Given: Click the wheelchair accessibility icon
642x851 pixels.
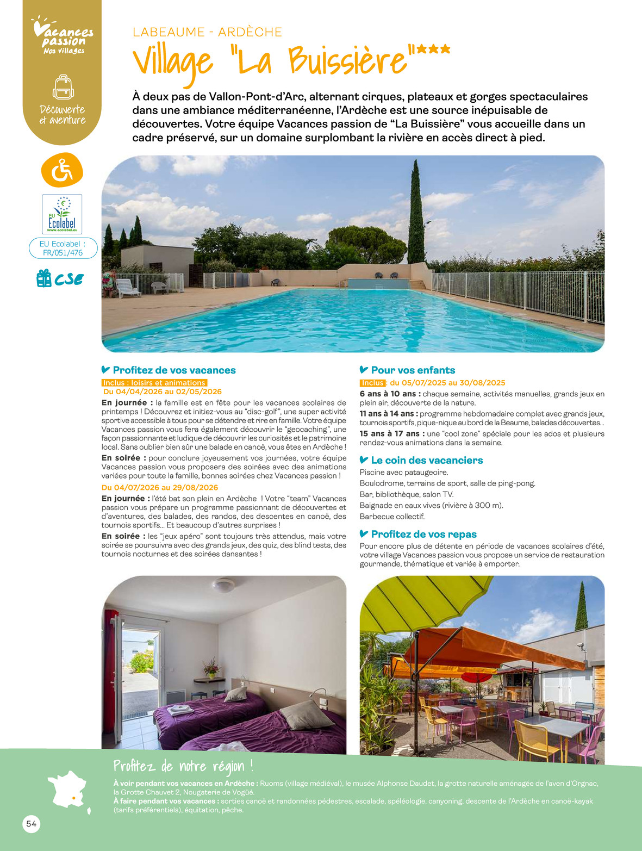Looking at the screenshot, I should [x=62, y=170].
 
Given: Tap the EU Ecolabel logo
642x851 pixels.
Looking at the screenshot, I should [x=62, y=214].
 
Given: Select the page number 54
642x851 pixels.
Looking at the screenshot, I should [x=31, y=824].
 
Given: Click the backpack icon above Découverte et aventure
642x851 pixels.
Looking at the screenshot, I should [x=63, y=87].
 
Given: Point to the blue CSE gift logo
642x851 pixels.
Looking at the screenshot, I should [x=60, y=278].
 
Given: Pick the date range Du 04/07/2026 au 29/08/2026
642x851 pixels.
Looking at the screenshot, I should [x=160, y=487].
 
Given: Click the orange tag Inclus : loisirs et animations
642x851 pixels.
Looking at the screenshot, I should [x=154, y=383].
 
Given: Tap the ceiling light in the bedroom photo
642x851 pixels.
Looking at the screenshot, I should [x=223, y=585].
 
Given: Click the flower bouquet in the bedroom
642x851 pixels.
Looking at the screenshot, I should [x=211, y=667].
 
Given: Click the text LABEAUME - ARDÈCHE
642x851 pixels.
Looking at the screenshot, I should [x=207, y=32].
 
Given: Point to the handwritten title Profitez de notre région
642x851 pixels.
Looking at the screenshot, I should [x=183, y=767].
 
